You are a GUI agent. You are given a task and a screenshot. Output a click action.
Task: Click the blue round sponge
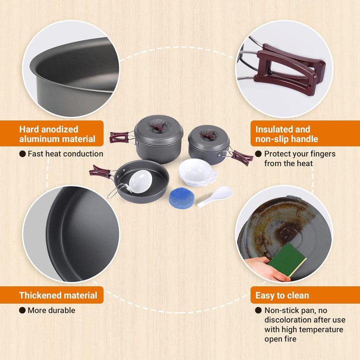coord(181,198)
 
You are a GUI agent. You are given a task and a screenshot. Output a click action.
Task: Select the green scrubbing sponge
coord(287,259)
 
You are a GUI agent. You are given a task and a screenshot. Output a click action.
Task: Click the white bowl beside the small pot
coord(197,172)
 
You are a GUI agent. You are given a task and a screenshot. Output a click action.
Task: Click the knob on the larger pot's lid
coord(158,125)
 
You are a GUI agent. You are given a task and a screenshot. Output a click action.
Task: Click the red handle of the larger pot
coord(120,137)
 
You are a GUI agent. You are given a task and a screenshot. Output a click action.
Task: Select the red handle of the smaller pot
coord(241,157)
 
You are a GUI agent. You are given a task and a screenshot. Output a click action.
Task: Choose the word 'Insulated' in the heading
coord(274,129)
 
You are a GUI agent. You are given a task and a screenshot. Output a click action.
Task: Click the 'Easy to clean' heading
coord(282,295)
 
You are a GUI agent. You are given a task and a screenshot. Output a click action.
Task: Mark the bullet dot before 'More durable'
coord(22,310)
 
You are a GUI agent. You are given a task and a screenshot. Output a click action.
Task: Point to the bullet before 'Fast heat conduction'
coord(22,154)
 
